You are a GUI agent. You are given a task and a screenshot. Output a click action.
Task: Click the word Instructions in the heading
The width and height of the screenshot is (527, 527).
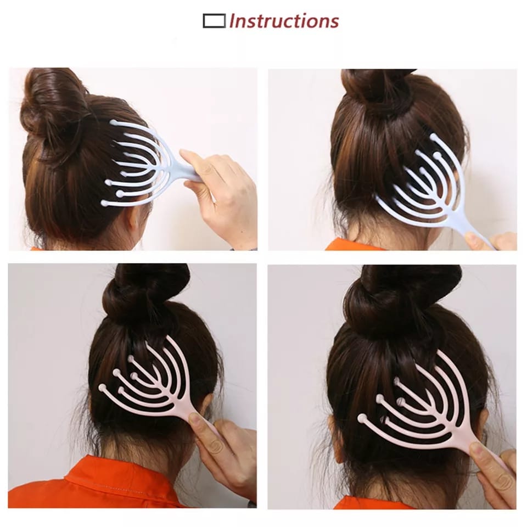point(284,21)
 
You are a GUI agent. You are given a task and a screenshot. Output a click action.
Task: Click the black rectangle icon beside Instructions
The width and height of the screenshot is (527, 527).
point(214,21)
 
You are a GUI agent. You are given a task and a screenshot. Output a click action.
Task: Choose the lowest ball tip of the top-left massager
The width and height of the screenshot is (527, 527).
point(104,203)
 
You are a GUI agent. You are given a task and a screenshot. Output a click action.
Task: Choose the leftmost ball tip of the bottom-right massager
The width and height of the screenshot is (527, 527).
point(362,418)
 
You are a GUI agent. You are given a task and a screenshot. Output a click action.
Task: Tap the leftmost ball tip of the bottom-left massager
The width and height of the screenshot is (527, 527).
point(103,388)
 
